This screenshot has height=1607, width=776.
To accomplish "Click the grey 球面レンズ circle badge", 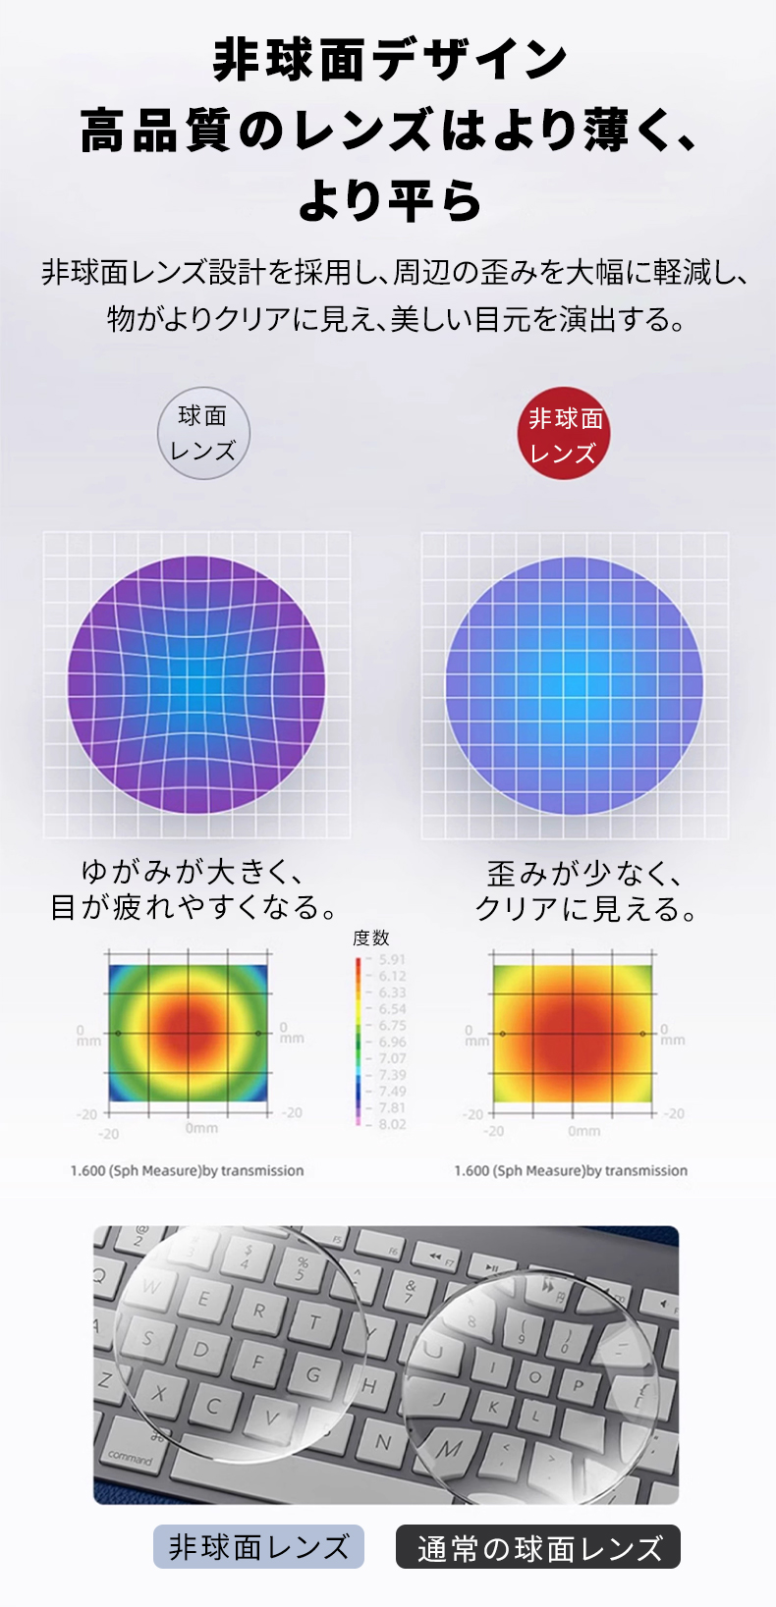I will click(x=203, y=433).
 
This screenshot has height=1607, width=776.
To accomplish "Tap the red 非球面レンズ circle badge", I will click(x=564, y=434).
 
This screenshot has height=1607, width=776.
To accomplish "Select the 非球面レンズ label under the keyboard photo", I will click(x=258, y=1547).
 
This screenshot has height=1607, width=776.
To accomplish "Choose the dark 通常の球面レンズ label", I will click(x=538, y=1547).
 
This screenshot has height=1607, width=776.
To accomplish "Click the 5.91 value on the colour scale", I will click(x=391, y=959).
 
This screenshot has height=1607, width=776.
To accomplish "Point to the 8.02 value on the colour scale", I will click(x=391, y=1124).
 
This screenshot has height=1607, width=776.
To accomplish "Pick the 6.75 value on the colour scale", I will click(x=391, y=1025).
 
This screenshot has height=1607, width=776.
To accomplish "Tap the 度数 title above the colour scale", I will click(x=371, y=937).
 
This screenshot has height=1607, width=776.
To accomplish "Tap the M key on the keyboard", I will click(x=449, y=1448).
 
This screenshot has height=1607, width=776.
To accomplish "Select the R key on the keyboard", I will click(x=259, y=1310).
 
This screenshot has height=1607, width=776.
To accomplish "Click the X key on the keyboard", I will click(x=158, y=1393).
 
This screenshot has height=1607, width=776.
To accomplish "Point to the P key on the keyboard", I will click(x=578, y=1385).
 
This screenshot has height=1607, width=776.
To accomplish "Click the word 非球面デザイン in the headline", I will click(x=390, y=60).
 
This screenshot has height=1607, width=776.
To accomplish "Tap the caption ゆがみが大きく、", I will click(x=194, y=870).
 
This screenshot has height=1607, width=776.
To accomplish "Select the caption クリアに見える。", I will click(x=586, y=908).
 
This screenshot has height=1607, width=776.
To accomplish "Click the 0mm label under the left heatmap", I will click(x=201, y=1128).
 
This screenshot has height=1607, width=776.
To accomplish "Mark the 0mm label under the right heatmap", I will click(x=583, y=1131).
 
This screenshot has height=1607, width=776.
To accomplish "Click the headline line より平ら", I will click(x=390, y=199).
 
